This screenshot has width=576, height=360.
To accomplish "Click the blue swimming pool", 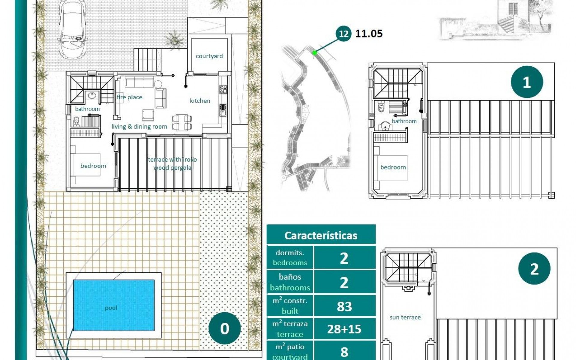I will (114, 305).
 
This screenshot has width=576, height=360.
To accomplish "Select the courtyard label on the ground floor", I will (209, 56).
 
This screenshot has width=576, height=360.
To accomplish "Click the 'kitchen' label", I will (200, 101).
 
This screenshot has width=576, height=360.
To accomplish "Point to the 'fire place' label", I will (129, 97).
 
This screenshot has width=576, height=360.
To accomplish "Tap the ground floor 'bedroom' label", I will (93, 166).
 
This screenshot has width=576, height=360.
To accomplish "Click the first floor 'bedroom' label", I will (393, 167).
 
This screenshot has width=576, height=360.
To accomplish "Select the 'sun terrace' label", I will (405, 317).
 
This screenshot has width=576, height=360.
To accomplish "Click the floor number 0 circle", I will (224, 328).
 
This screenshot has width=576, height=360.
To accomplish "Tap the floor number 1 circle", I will (527, 82).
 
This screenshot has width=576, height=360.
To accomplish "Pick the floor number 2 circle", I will (534, 269).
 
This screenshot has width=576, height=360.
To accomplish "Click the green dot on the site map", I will (314, 53).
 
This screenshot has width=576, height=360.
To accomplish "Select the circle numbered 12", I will (343, 33).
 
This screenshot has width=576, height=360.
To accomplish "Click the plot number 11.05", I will (369, 34).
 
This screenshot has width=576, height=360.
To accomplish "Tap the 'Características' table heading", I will (321, 235).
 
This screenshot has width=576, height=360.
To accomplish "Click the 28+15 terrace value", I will (344, 329).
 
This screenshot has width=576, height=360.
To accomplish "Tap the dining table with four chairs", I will (182, 122).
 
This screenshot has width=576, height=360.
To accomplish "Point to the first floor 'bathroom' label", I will (404, 121).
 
